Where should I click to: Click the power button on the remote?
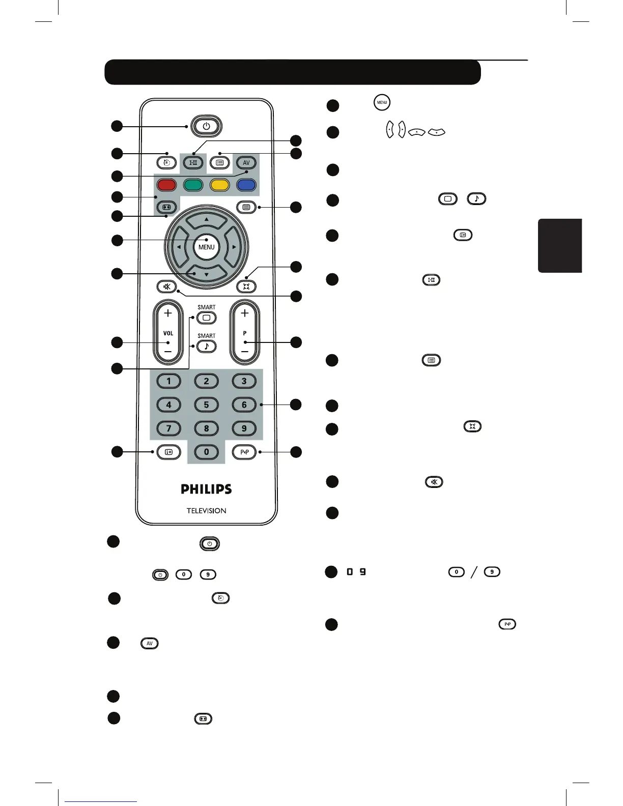[x=206, y=126]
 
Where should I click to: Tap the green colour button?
[x=193, y=184]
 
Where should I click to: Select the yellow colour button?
[x=220, y=184]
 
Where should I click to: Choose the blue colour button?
[x=246, y=184]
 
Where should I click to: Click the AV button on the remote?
[x=246, y=163]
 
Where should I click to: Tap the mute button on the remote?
[x=166, y=286]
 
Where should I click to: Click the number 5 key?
[x=206, y=405]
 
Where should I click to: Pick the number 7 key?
[x=169, y=428]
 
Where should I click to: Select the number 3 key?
[x=244, y=381]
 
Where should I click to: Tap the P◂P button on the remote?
[x=244, y=452]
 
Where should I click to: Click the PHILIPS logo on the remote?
[x=206, y=489]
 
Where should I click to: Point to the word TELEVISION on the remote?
[x=206, y=510]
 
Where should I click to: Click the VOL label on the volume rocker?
[x=168, y=333]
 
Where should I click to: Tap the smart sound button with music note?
[x=206, y=346]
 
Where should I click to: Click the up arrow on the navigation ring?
[x=206, y=220]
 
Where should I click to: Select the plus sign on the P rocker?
[x=245, y=313]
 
